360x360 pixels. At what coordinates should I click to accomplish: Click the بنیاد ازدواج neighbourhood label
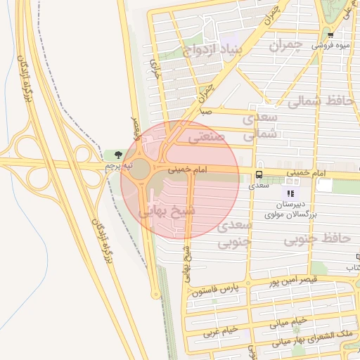(212, 51)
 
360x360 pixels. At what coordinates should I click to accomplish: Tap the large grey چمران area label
(286, 45)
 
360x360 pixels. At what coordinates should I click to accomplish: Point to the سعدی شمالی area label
(261, 127)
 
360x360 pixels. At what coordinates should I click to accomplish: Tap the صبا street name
(205, 112)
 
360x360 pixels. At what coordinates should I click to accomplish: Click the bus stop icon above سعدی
(259, 174)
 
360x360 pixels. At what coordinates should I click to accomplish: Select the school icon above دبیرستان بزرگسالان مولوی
(289, 192)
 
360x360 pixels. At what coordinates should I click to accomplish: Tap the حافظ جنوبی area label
(317, 239)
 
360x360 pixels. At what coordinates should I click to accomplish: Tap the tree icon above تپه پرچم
(117, 155)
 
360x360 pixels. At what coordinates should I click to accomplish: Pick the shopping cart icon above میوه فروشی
(330, 34)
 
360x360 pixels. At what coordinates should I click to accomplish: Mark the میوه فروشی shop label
(332, 46)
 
